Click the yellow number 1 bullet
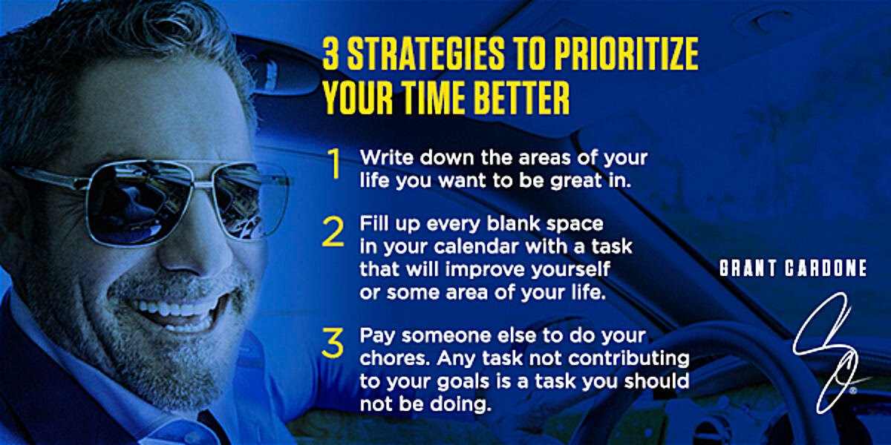point(335,164)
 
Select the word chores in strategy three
point(394,358)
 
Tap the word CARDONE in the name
point(826,268)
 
